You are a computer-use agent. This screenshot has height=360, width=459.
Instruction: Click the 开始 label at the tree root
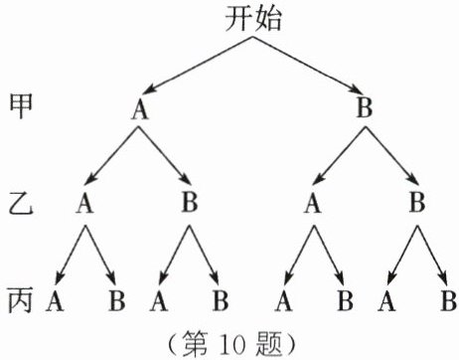point(253,19)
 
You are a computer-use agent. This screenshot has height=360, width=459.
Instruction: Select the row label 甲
point(21,106)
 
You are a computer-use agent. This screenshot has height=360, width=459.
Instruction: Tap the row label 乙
point(21,204)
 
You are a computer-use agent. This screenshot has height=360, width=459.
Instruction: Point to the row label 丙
point(21,300)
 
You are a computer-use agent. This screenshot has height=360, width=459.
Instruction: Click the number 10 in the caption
point(230,345)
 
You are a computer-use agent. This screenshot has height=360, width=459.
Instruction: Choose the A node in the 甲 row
point(140,108)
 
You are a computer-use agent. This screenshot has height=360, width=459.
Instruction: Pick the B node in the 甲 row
point(365,107)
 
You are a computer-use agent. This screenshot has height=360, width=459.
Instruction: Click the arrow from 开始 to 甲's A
point(199,65)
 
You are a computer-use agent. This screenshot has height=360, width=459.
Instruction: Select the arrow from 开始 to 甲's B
point(308,65)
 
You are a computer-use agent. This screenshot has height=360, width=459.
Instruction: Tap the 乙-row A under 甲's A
point(84,203)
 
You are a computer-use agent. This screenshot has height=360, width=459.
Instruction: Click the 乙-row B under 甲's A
point(190,202)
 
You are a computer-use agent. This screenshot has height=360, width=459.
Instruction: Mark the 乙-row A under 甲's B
point(313,203)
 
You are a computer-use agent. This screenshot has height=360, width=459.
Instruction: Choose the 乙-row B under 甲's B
point(417,202)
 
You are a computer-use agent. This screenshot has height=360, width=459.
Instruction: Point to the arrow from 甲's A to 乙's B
point(164,155)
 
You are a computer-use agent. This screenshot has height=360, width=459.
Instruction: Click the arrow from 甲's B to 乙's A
point(338,155)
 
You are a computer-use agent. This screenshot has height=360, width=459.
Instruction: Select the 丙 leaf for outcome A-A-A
point(55,301)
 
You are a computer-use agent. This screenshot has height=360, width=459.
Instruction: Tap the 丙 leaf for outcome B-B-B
point(449,300)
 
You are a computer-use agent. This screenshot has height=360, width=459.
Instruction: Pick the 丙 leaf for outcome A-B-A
point(159,301)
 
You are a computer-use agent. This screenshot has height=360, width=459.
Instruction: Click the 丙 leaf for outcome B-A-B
point(345,300)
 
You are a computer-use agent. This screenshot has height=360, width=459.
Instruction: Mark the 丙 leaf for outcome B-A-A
point(283,301)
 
